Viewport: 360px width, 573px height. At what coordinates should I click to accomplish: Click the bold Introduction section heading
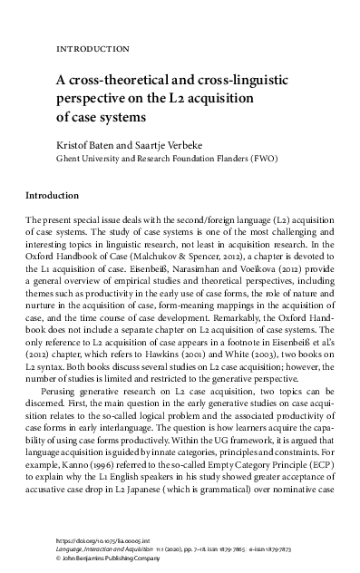(54, 194)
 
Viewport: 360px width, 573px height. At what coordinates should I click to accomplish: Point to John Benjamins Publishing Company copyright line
(112, 558)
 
